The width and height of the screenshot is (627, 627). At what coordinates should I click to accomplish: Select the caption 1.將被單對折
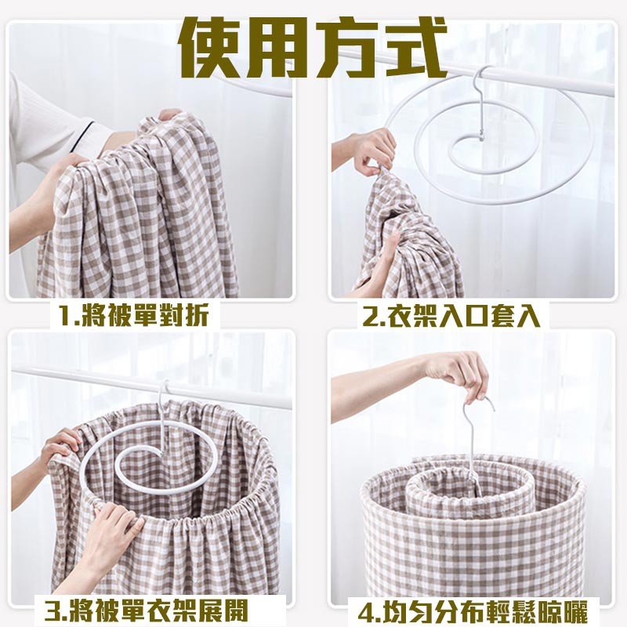133,315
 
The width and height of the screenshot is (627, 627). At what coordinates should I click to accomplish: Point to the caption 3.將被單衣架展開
146,610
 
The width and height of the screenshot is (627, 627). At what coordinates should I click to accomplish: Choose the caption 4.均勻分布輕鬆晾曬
473,611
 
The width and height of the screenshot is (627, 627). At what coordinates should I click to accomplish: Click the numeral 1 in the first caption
66,315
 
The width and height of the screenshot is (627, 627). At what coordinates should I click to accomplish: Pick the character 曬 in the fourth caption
574,611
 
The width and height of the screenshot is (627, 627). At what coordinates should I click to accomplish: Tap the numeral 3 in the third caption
53,611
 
